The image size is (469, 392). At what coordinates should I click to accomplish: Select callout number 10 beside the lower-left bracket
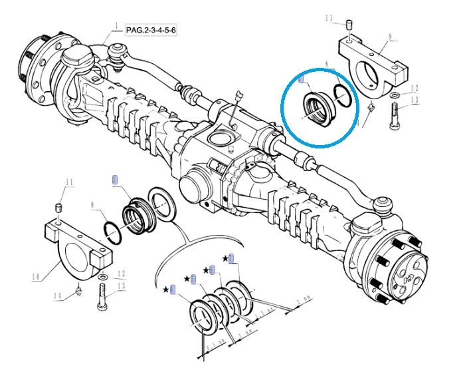34,275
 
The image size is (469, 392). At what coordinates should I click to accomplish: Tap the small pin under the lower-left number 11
59,212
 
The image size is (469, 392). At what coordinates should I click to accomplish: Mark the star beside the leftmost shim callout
165,289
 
